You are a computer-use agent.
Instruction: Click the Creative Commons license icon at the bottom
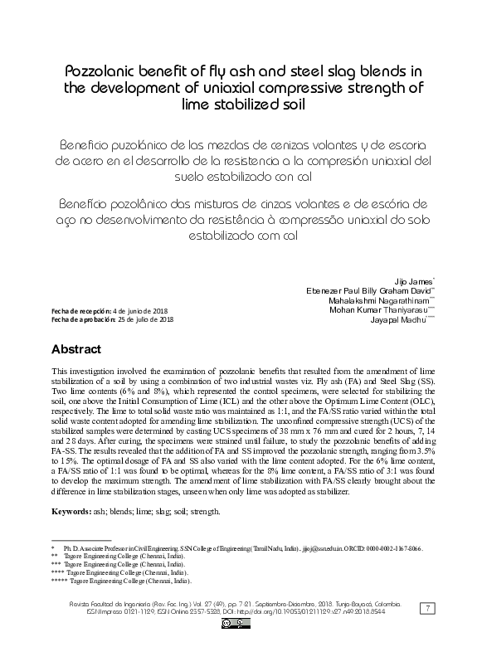click(x=231, y=625)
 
